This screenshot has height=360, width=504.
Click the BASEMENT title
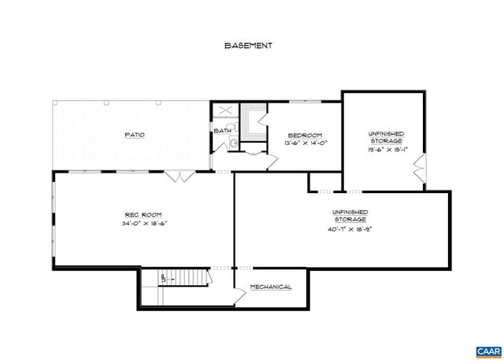point(248,46)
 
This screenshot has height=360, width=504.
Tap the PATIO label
point(135,135)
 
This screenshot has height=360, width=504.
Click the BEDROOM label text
point(304,135)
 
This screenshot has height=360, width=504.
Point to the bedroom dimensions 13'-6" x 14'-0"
point(304,143)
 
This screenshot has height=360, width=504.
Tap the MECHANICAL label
point(272,287)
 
